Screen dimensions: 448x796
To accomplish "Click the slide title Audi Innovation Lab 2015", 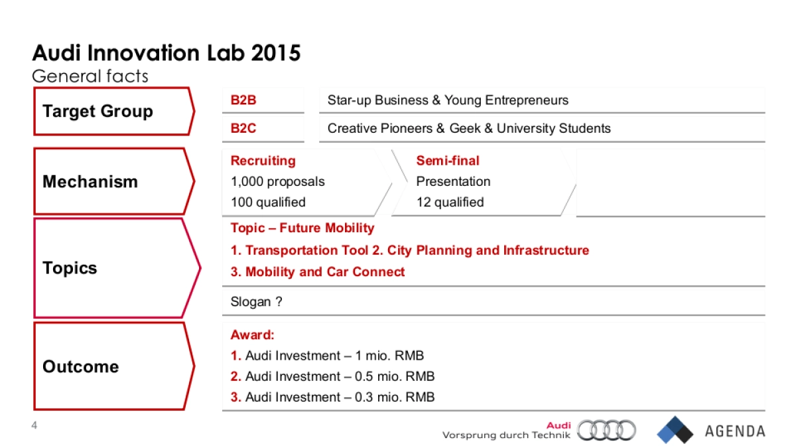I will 166,53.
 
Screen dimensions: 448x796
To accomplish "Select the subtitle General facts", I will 90,76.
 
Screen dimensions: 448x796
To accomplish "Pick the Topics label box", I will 113,268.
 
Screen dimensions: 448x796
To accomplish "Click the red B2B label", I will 243,101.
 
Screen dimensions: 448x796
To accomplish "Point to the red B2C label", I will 243,129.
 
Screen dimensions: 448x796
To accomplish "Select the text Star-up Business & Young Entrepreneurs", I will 448,101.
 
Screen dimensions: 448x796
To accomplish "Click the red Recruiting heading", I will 263,161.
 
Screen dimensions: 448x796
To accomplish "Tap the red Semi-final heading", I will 448,161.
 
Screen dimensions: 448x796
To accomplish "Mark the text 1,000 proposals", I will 278,181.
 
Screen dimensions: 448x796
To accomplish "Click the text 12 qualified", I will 450,202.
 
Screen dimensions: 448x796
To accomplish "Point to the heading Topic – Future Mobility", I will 302,228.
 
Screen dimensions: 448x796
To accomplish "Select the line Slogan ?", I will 257,302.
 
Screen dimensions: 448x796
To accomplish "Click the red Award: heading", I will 253,335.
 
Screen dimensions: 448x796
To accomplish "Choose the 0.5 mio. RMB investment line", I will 333,376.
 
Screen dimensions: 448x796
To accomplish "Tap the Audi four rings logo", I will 606,430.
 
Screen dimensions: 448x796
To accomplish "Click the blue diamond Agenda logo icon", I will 675,430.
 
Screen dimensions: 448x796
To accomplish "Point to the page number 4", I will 35,425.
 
